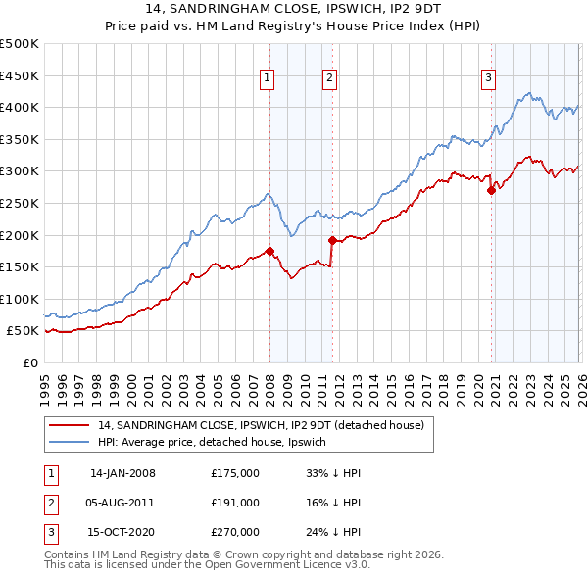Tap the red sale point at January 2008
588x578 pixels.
pyautogui.click(x=269, y=251)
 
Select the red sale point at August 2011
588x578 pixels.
pyautogui.click(x=332, y=240)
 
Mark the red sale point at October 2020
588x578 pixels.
pyautogui.click(x=491, y=191)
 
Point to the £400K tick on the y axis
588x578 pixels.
pyautogui.click(x=20, y=108)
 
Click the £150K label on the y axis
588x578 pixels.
pyautogui.click(x=20, y=266)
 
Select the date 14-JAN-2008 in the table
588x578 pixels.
pyautogui.click(x=122, y=473)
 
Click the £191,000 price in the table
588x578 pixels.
pyautogui.click(x=235, y=503)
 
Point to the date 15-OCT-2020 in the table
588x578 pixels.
pyautogui.click(x=122, y=532)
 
